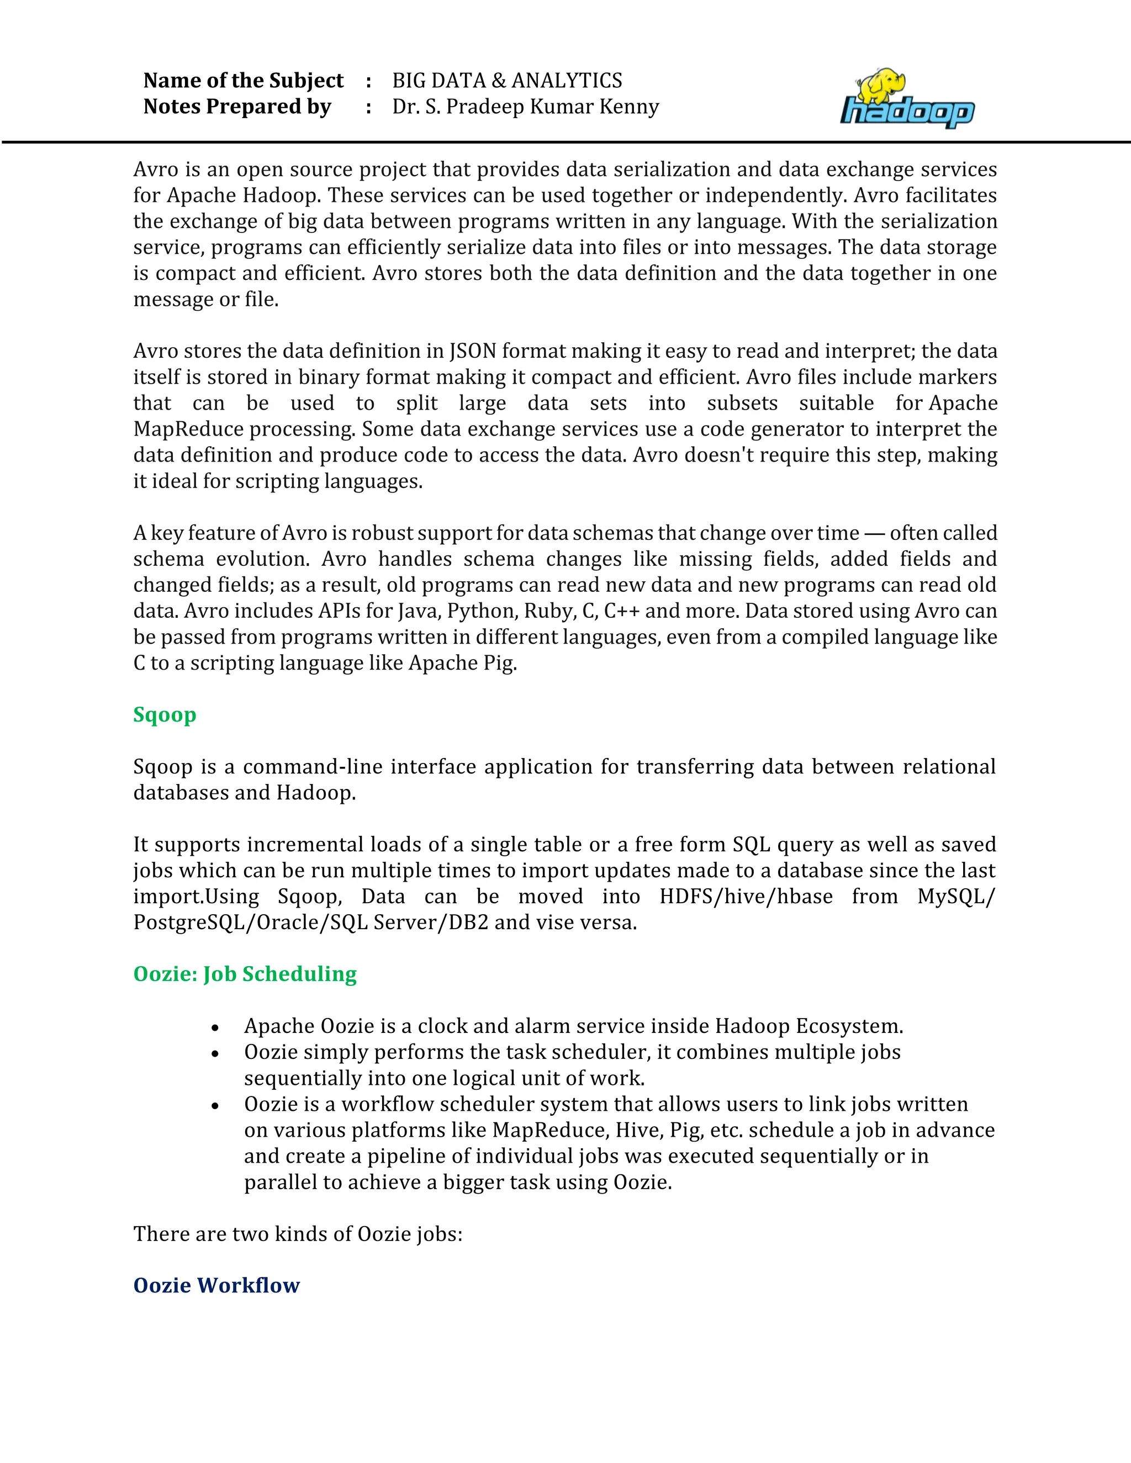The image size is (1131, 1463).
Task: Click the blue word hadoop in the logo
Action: [x=907, y=112]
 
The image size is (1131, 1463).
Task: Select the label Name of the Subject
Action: [x=243, y=81]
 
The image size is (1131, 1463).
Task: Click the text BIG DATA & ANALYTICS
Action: [x=507, y=81]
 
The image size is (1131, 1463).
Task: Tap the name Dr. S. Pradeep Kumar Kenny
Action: [x=525, y=107]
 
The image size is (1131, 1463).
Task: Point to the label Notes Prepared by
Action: [x=237, y=107]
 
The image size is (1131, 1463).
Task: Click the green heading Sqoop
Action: [x=165, y=715]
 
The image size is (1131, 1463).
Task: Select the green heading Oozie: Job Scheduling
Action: [x=245, y=974]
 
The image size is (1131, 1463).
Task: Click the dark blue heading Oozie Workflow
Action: [x=216, y=1285]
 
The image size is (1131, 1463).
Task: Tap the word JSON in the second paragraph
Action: [x=473, y=351]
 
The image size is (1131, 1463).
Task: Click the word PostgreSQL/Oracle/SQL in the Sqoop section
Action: [x=251, y=923]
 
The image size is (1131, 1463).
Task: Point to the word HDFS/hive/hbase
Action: [x=746, y=896]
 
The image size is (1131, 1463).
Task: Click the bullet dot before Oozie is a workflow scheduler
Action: [x=215, y=1106]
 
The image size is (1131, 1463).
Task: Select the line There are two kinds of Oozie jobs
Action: [x=298, y=1234]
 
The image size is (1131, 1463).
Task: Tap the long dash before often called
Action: [x=874, y=533]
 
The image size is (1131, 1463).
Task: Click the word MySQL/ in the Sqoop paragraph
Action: [x=956, y=896]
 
